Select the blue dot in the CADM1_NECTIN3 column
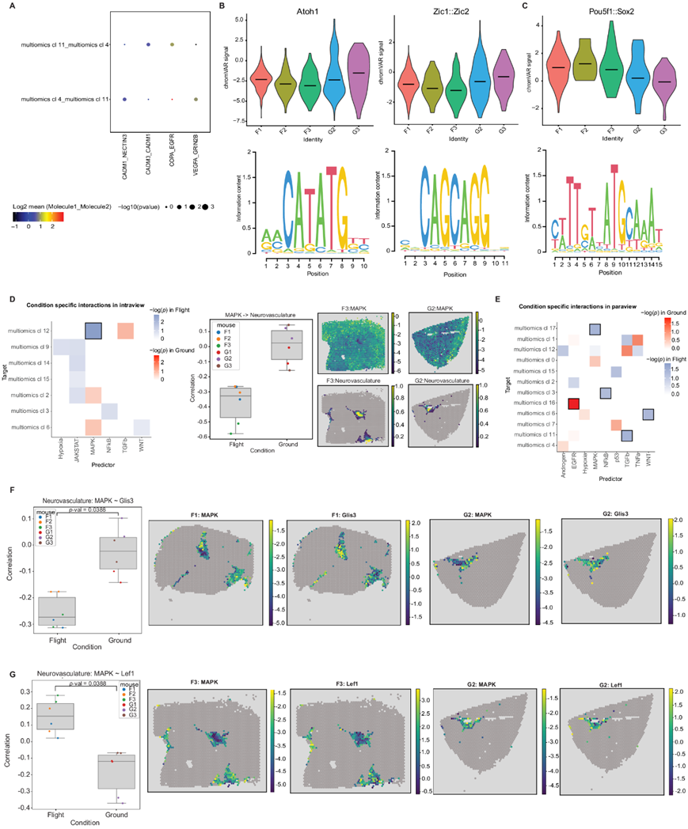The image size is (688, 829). click(x=124, y=99)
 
